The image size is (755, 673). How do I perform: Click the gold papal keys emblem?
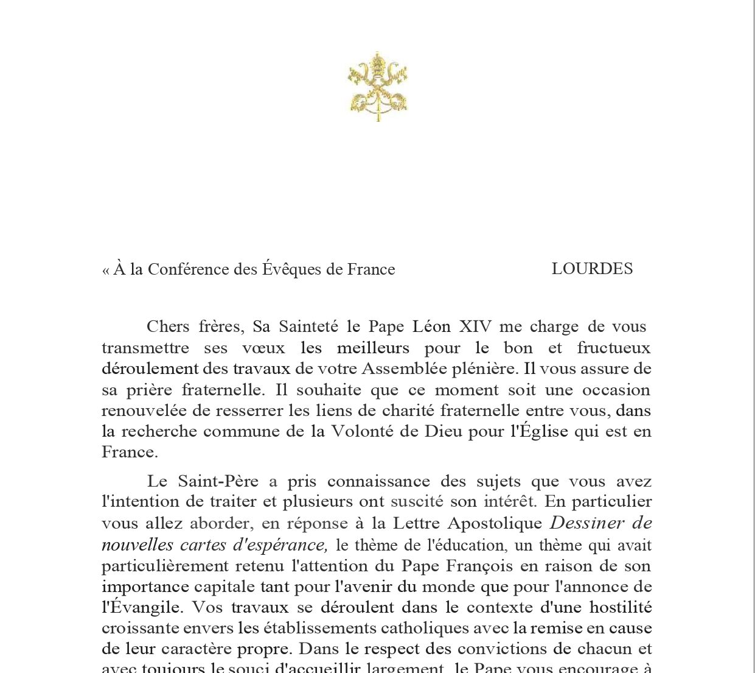(x=378, y=86)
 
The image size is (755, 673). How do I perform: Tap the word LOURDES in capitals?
(x=592, y=269)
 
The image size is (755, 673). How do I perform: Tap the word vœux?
(x=263, y=348)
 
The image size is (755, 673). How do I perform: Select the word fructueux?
(x=614, y=348)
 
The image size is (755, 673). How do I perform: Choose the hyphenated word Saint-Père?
(x=218, y=481)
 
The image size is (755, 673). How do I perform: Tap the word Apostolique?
(x=495, y=523)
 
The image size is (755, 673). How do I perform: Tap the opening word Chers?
(x=168, y=327)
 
